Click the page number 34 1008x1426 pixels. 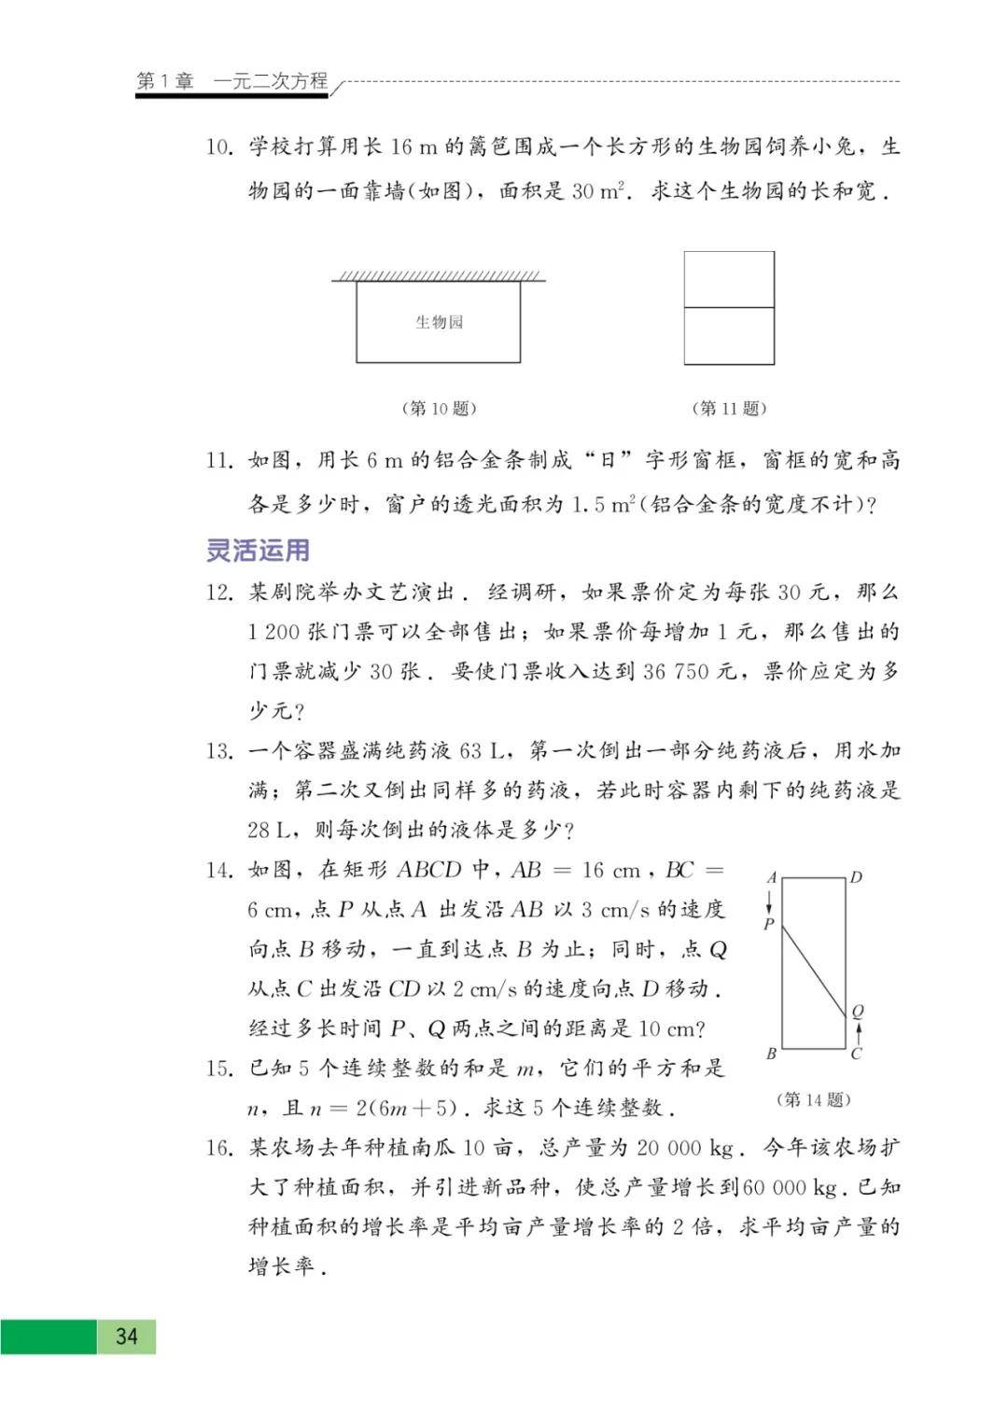click(126, 1336)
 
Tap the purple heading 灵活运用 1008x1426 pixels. click(258, 550)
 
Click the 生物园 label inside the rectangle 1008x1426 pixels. click(439, 322)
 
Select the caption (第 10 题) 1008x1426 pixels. click(439, 408)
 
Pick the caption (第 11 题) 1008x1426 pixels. click(729, 408)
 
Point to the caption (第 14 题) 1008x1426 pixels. click(813, 1099)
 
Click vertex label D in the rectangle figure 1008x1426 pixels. click(856, 877)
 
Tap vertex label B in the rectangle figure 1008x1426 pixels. click(771, 1054)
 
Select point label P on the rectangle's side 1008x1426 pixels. click(769, 924)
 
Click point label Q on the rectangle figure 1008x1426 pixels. click(858, 1011)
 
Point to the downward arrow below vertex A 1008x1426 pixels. click(770, 901)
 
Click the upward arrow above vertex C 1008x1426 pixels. click(858, 1032)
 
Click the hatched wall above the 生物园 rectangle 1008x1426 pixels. click(439, 275)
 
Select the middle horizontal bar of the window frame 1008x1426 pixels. click(729, 307)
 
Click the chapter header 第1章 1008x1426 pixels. click(164, 81)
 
